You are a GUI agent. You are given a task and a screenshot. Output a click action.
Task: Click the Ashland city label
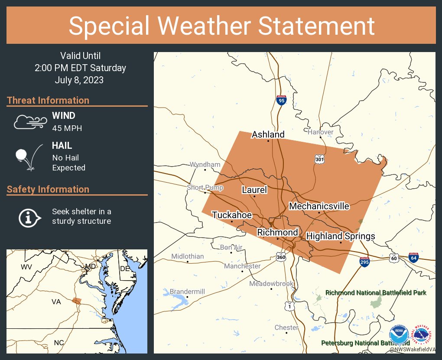[x=268, y=134]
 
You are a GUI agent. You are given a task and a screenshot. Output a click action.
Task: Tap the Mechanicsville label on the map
[x=319, y=206]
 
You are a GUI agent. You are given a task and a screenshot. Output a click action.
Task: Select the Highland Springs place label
[x=340, y=236]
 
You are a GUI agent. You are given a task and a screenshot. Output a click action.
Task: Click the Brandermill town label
[x=187, y=291]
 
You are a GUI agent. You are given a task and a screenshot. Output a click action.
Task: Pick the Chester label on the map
[x=286, y=327]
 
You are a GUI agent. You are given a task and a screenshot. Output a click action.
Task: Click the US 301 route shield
[x=320, y=159]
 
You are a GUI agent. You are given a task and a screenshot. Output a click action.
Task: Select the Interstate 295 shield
[x=364, y=262]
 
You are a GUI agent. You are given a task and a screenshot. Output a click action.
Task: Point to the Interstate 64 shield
[x=413, y=259]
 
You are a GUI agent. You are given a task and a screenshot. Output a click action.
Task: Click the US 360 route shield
[x=281, y=258]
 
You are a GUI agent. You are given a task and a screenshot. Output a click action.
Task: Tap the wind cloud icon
[x=29, y=122]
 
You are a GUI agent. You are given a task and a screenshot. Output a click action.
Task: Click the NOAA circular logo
[x=399, y=335]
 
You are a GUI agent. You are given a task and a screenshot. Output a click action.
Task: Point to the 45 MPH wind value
[x=67, y=128]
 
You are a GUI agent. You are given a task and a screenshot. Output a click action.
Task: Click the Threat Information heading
[x=48, y=101]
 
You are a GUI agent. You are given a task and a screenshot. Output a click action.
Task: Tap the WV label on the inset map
[x=27, y=266]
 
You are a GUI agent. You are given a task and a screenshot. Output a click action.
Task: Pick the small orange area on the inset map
[x=77, y=301]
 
